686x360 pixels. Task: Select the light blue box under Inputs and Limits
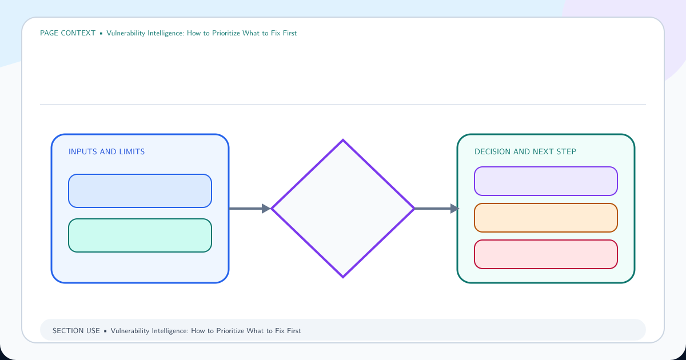click(140, 191)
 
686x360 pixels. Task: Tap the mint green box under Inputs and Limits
click(140, 235)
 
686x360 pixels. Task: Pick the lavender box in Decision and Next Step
click(546, 181)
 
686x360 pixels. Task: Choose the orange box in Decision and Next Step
click(546, 218)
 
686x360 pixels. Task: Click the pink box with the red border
click(546, 254)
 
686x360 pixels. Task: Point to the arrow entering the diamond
click(250, 209)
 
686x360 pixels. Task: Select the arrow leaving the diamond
click(437, 209)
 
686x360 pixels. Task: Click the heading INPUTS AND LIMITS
click(106, 151)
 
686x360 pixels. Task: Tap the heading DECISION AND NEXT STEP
click(525, 151)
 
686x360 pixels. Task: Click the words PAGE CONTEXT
click(67, 33)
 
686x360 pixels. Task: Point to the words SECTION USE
click(76, 331)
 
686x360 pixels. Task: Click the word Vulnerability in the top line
click(126, 33)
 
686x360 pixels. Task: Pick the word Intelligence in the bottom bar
click(170, 331)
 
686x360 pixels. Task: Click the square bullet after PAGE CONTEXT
click(101, 33)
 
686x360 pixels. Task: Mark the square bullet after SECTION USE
click(105, 331)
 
